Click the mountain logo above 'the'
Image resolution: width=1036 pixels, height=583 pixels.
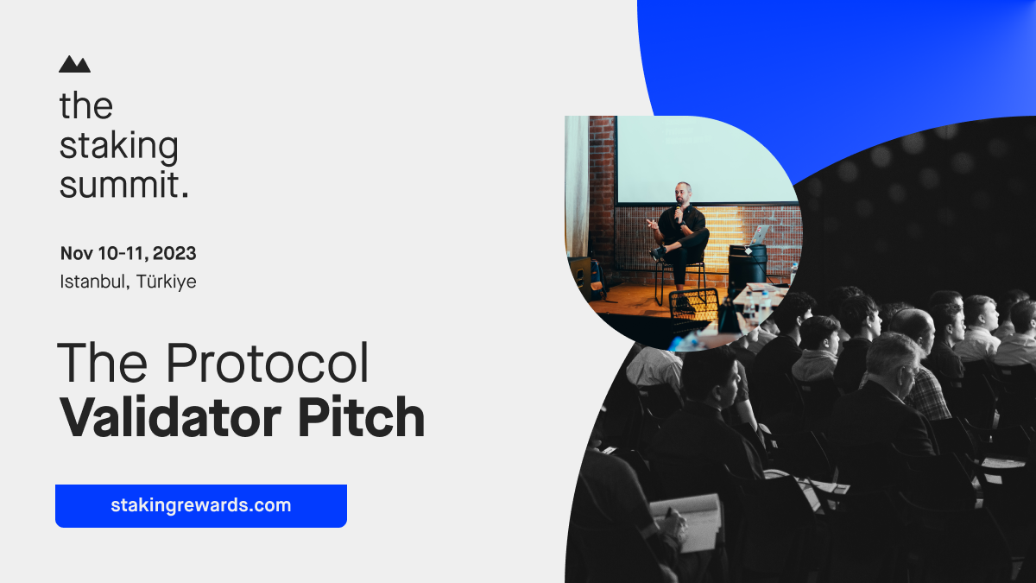click(x=74, y=64)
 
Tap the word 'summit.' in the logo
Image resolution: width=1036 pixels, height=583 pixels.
click(x=123, y=184)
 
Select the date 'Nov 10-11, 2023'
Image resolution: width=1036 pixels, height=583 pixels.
click(x=128, y=254)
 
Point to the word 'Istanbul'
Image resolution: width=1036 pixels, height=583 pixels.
click(x=92, y=282)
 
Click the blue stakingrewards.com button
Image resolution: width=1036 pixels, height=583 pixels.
click(x=200, y=505)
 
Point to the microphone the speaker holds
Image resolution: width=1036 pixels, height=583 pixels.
click(x=678, y=209)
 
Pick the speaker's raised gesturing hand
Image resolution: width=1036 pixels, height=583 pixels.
click(x=652, y=224)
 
